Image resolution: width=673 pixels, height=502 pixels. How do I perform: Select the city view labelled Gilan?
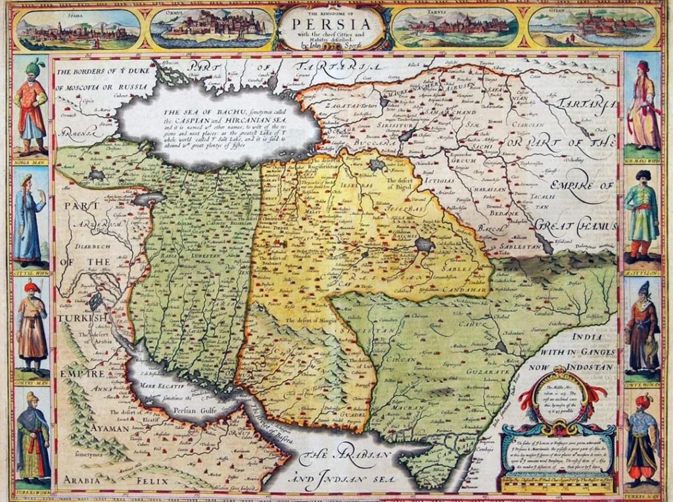(593, 27)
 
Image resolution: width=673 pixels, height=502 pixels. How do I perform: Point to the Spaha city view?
(79, 28)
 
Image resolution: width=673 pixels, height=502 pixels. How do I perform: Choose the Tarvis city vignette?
(453, 27)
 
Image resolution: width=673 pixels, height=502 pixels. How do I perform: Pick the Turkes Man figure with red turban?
(642, 437)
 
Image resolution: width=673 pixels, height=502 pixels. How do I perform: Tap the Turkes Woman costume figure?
(32, 437)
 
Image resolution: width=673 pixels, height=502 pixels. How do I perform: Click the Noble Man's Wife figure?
(642, 105)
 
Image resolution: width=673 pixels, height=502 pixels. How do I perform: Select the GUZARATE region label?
(482, 371)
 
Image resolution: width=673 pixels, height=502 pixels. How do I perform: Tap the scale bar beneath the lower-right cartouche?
(557, 487)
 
